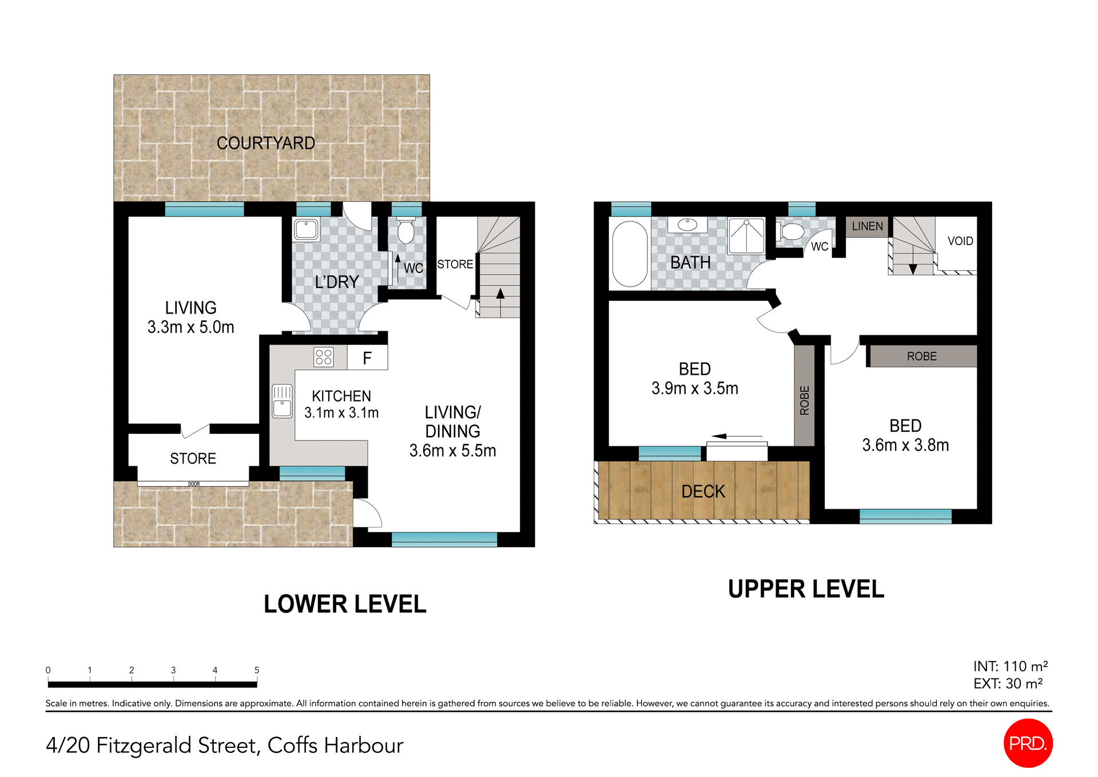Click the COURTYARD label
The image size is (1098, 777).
pyautogui.click(x=265, y=143)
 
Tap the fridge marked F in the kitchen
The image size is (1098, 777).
pyautogui.click(x=367, y=358)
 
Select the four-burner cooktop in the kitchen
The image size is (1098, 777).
pyautogui.click(x=324, y=358)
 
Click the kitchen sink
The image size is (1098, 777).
pyautogui.click(x=282, y=401)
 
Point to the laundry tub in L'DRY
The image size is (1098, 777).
pyautogui.click(x=307, y=229)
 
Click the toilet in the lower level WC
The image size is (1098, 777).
pyautogui.click(x=406, y=231)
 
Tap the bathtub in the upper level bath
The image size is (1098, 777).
pyautogui.click(x=630, y=254)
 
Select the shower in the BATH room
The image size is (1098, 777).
pyautogui.click(x=746, y=236)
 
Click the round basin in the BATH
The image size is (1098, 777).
pyautogui.click(x=687, y=225)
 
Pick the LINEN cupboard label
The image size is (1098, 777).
pyautogui.click(x=867, y=227)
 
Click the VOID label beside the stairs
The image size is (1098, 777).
pyautogui.click(x=960, y=241)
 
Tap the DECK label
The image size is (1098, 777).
pyautogui.click(x=703, y=491)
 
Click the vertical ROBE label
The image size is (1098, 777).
pyautogui.click(x=805, y=401)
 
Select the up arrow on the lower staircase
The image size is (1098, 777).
pyautogui.click(x=500, y=295)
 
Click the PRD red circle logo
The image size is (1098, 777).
pyautogui.click(x=1028, y=743)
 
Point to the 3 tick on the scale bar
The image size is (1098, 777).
pyautogui.click(x=173, y=671)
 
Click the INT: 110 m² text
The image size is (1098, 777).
pyautogui.click(x=1010, y=667)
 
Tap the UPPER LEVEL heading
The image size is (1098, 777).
pyautogui.click(x=806, y=589)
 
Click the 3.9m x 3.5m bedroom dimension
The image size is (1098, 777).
pyautogui.click(x=694, y=388)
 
